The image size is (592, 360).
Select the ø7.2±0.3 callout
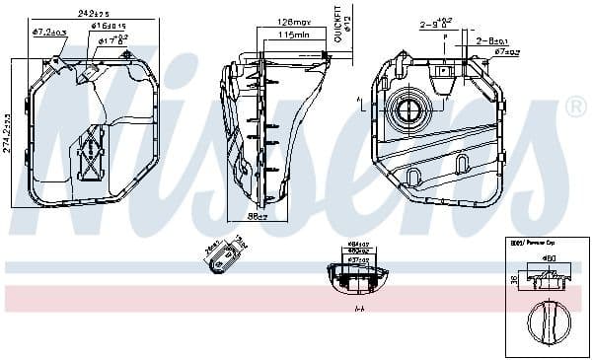coord(48,32)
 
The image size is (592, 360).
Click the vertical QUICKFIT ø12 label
coord(336,24)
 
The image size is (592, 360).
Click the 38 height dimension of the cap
coord(512,280)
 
